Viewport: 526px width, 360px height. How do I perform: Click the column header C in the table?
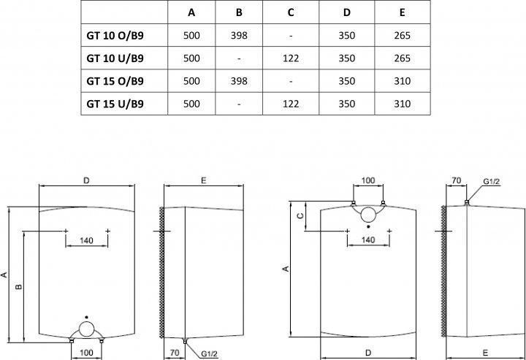coord(291,12)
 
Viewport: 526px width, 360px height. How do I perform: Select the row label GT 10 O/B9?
coord(115,36)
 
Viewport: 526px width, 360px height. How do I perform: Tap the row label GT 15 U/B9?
coord(115,104)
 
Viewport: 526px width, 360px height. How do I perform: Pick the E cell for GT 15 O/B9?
coord(403,81)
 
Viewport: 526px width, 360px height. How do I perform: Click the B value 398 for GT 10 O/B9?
coord(239,36)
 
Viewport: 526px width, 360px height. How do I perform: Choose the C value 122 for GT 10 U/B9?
coord(291,58)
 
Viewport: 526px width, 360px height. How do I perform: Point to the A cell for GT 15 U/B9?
coord(191,104)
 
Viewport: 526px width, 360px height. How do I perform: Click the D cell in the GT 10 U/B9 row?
coord(346,58)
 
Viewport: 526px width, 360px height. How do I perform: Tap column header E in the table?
coord(403,12)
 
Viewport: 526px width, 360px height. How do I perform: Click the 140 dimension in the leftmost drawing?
coord(86,240)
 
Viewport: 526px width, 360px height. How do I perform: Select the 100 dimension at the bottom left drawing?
coord(86,352)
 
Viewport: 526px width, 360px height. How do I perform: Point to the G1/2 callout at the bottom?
coord(210,353)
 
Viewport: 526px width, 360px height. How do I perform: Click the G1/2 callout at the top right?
coord(492,182)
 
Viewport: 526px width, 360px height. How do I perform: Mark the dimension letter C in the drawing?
coord(300,215)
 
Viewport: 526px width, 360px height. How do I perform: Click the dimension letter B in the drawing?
coord(19,286)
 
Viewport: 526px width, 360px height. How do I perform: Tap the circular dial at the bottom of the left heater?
coord(86,329)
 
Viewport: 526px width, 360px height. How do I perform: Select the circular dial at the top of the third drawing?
coord(368,215)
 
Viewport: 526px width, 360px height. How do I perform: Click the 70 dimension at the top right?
coord(456,180)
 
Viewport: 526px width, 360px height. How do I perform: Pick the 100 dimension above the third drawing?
coord(368,180)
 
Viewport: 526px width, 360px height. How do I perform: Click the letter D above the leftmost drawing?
coord(86,180)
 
